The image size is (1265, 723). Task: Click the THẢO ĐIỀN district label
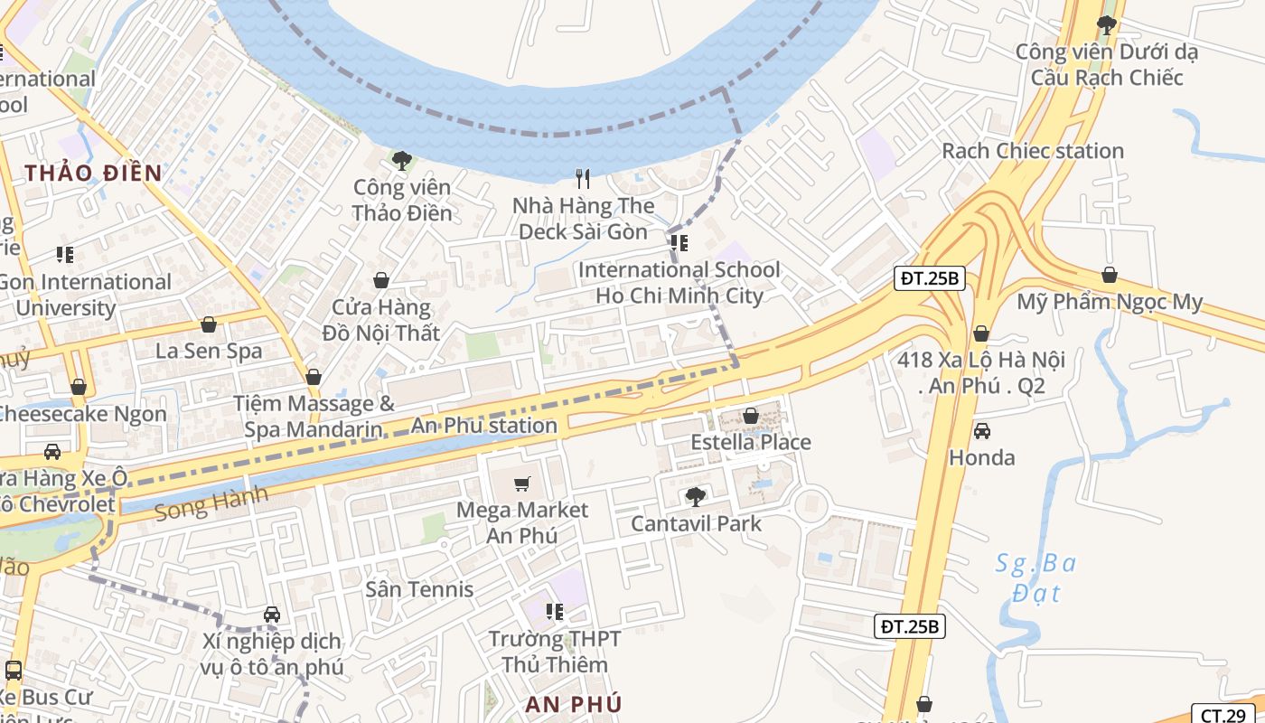click(93, 173)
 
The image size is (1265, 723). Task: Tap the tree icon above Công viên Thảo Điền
click(402, 161)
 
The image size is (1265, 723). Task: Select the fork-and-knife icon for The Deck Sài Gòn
click(583, 179)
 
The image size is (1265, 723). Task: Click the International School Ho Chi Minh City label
click(679, 283)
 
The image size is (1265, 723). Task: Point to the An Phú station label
click(484, 426)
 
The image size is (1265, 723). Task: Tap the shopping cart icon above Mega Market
click(521, 484)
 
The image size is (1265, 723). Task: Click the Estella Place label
click(750, 442)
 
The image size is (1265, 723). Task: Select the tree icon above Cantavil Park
click(695, 496)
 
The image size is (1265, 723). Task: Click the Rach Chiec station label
click(1033, 151)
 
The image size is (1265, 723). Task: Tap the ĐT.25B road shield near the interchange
click(931, 278)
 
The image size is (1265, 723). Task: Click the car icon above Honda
click(981, 430)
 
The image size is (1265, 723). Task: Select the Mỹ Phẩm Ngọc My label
click(1110, 302)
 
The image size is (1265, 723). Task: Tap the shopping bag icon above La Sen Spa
click(209, 324)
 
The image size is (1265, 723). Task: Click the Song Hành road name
click(211, 502)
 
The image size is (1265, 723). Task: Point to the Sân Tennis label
click(419, 589)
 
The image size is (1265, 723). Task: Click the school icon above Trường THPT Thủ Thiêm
click(554, 612)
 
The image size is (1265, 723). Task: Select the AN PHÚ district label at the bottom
click(573, 704)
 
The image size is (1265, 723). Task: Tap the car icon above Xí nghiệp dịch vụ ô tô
click(271, 615)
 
